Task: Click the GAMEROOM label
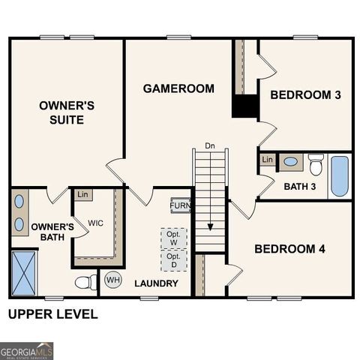tap(178, 88)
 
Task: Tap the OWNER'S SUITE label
tap(67, 112)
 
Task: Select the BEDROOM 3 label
tap(306, 95)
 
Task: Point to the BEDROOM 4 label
tap(290, 249)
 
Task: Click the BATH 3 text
tap(300, 186)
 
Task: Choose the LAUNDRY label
tap(156, 283)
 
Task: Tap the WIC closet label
tap(95, 223)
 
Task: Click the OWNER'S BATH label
tap(52, 232)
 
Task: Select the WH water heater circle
tap(112, 280)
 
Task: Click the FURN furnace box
tap(180, 205)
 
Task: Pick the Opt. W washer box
tap(174, 238)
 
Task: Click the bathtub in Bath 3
tap(340, 176)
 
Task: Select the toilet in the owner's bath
tap(86, 282)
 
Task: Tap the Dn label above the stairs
tap(210, 145)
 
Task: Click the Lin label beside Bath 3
tap(267, 160)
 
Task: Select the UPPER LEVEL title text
tap(52, 314)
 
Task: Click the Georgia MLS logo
tap(27, 350)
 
